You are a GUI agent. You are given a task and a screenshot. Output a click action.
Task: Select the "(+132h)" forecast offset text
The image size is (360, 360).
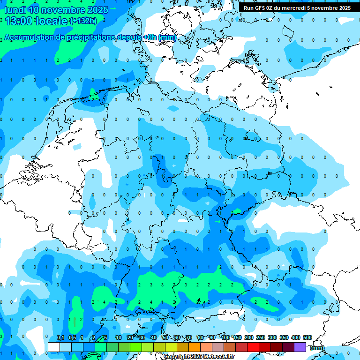click(83, 21)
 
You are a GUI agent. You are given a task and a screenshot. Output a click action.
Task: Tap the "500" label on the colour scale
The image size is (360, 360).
click(307, 337)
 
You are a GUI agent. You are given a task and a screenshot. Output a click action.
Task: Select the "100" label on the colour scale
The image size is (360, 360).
click(225, 337)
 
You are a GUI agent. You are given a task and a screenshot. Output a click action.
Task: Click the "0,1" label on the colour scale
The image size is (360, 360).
click(60, 337)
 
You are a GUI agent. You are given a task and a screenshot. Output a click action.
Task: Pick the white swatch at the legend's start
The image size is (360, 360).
click(54, 347)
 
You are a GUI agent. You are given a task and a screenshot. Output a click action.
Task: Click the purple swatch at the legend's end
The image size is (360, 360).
click(300, 347)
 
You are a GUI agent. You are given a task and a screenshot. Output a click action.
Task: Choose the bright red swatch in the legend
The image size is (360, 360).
click(253, 347)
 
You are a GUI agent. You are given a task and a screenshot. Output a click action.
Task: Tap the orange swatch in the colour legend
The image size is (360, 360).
click(195, 347)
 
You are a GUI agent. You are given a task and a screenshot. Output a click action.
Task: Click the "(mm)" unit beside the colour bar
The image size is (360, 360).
click(317, 348)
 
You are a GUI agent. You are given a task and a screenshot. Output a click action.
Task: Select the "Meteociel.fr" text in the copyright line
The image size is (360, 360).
click(219, 357)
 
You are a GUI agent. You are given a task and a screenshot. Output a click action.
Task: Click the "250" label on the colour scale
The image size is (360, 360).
click(261, 337)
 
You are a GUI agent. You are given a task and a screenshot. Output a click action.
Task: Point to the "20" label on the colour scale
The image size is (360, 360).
click(130, 337)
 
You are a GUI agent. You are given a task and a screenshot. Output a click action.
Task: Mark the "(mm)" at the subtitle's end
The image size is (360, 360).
click(167, 37)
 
